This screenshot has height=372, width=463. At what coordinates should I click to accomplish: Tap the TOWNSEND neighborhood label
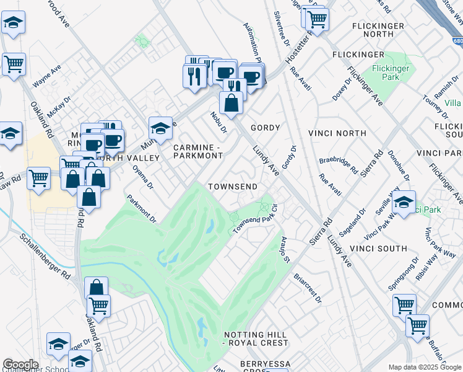coord(233,187)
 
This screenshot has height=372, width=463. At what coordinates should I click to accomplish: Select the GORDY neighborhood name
coord(265,128)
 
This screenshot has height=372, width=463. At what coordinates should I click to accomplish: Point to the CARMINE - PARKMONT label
coord(197,151)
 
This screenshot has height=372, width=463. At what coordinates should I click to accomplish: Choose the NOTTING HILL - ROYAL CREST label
coord(256,338)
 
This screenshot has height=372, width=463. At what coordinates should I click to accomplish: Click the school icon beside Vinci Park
coord(404,203)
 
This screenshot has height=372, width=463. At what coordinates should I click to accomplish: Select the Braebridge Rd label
coord(339,165)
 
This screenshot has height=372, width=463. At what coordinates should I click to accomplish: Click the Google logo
coord(20,365)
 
